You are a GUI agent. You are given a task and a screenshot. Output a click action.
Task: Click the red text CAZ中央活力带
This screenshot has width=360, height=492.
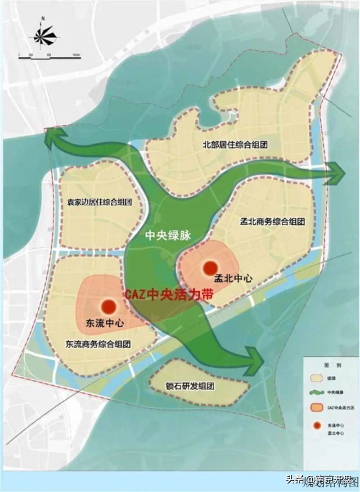pyautogui.click(x=167, y=295)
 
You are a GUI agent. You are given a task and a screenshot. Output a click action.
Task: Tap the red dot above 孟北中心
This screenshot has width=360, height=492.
pyautogui.click(x=210, y=268)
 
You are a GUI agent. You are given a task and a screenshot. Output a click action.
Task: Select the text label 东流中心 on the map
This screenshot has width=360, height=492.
pyautogui.click(x=104, y=323)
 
